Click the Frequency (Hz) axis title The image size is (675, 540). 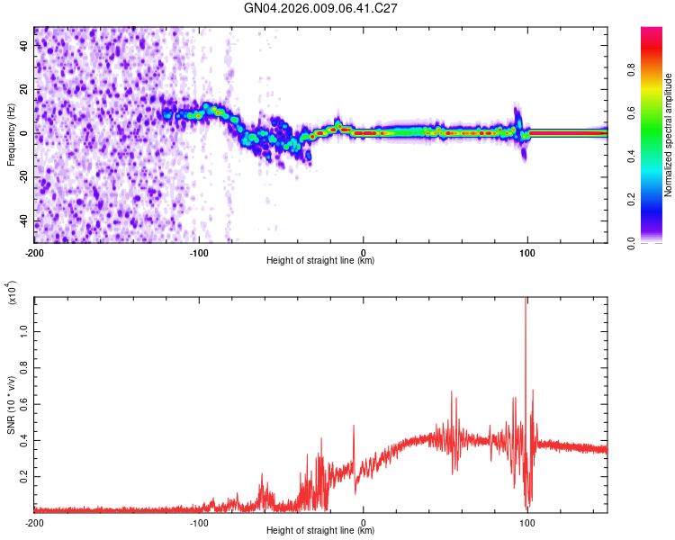11,134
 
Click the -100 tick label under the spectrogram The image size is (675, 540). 199,251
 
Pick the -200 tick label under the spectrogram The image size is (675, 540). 34,251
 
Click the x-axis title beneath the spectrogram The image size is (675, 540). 320,261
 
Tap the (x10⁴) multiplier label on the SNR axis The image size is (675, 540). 13,292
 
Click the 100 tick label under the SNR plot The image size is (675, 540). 528,522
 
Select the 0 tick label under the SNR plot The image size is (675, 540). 364,522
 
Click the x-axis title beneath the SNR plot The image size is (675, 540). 320,531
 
